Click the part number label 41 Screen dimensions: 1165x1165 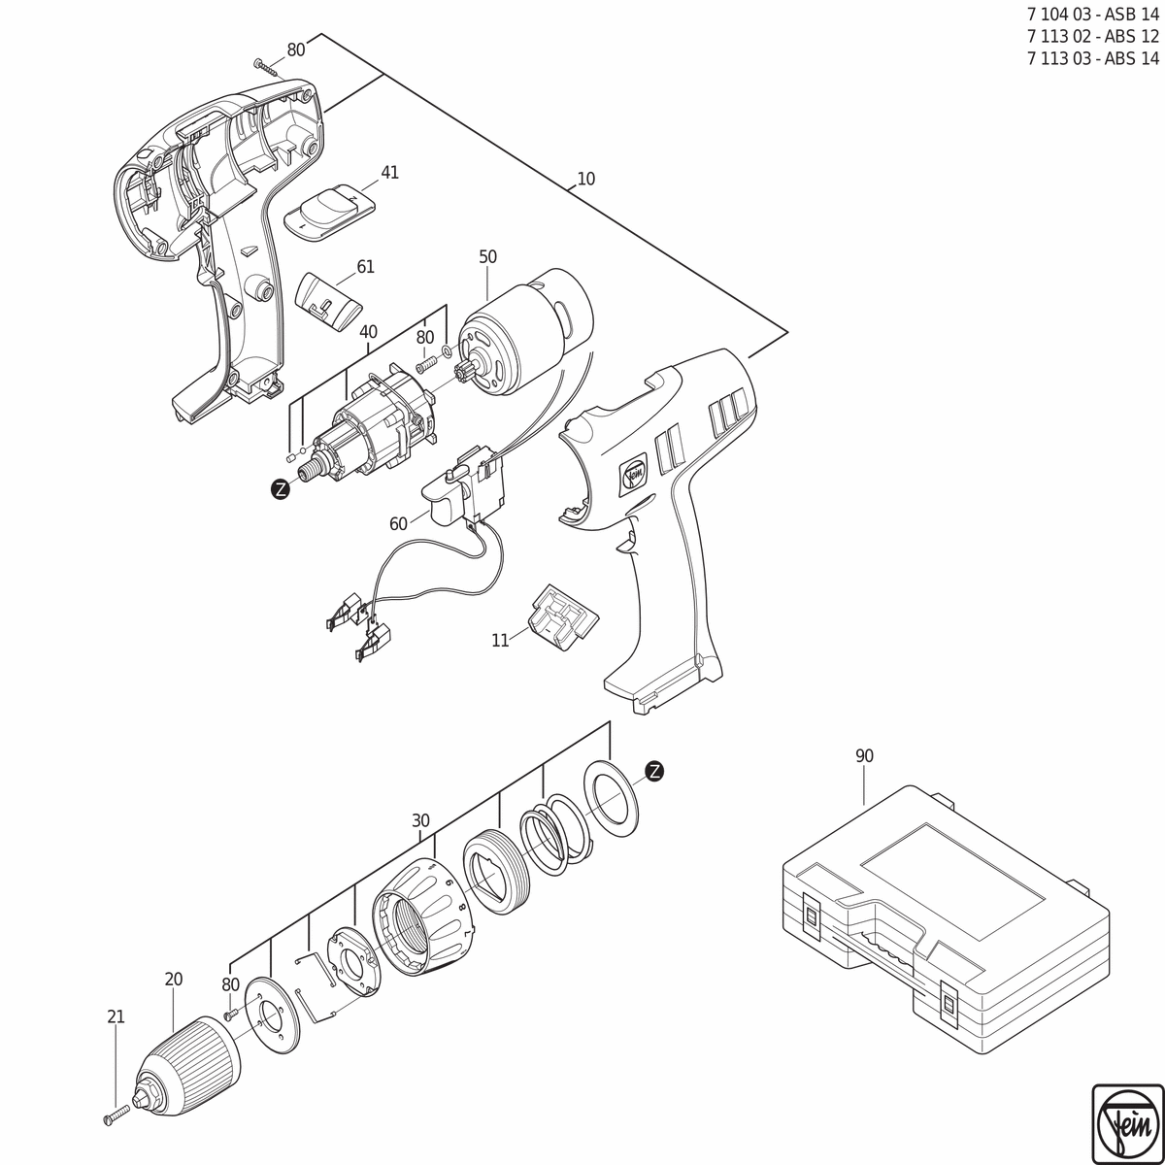pos(390,172)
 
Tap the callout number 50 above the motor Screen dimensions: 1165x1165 pos(488,257)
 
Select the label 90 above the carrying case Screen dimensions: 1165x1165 pos(865,755)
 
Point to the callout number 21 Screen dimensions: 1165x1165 pos(116,1016)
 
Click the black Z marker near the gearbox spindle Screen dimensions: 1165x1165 pos(280,489)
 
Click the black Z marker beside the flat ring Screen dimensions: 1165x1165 pos(654,771)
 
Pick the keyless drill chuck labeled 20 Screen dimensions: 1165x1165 pos(186,1053)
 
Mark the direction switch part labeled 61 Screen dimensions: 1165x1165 pos(328,300)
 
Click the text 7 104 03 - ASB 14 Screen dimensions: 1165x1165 pos(1093,16)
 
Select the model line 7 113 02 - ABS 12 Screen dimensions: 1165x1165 pos(1093,37)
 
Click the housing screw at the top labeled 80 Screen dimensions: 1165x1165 pos(267,67)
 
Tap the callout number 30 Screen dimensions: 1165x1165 pos(420,820)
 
